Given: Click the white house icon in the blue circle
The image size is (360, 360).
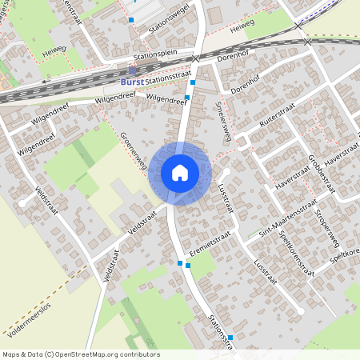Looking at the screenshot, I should [180, 172].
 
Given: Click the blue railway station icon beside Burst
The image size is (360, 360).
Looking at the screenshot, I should [132, 70].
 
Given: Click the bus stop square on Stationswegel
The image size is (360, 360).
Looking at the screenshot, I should [131, 19].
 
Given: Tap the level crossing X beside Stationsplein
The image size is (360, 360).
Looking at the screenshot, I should [196, 58].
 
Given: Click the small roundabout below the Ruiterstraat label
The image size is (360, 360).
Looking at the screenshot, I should [239, 146].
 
